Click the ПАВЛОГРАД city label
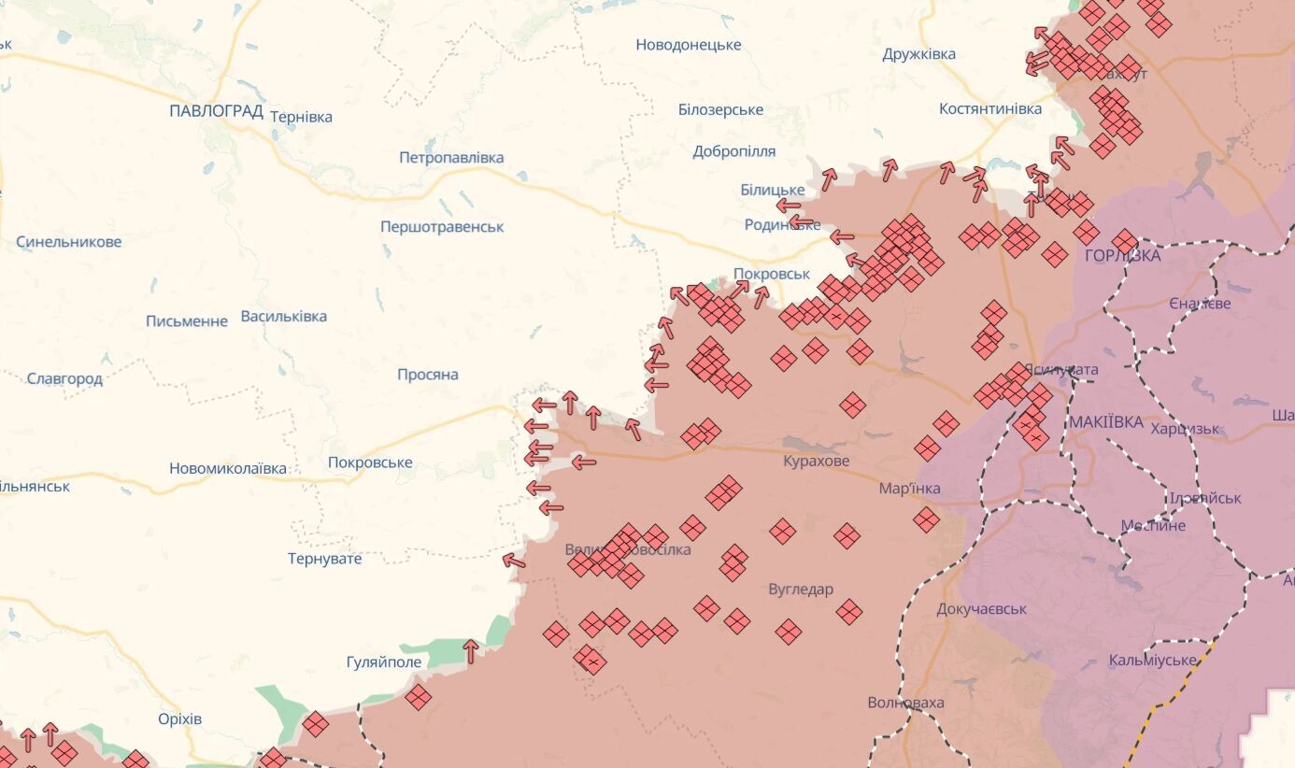(216, 111)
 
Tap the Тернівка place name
(301, 117)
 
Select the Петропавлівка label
(451, 158)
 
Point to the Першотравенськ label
(442, 227)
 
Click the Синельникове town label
(68, 242)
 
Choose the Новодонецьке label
(688, 45)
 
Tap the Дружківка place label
(918, 54)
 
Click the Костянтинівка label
(989, 109)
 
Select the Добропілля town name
(733, 151)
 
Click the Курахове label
(816, 462)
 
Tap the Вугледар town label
(800, 590)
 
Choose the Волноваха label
(905, 703)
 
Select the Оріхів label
(179, 719)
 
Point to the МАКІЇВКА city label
(1105, 422)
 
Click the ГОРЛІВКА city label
(1122, 256)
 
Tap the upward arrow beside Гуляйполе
(471, 650)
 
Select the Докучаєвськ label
(981, 609)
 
